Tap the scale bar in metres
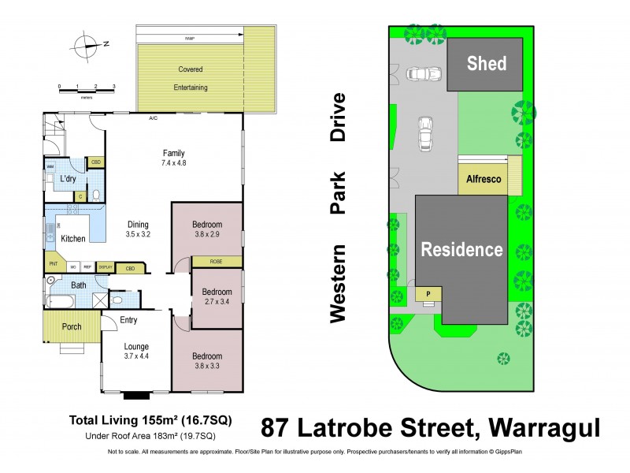tap(87, 89)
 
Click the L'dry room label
tap(68, 180)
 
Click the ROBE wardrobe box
tap(216, 262)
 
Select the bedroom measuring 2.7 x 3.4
tap(217, 300)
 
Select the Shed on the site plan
tap(486, 63)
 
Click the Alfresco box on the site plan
tap(484, 179)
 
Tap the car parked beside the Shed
tap(418, 75)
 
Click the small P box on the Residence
tap(428, 293)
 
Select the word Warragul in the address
tap(544, 429)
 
